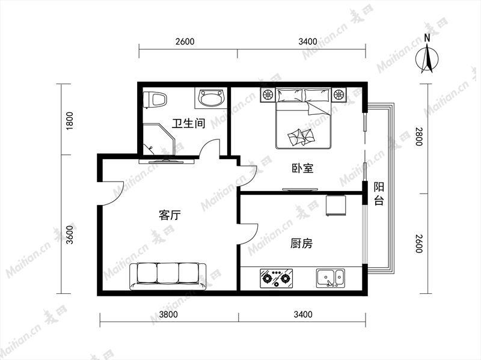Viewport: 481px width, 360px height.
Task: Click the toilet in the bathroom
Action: click(x=155, y=99)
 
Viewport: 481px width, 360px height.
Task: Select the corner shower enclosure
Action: click(x=159, y=139)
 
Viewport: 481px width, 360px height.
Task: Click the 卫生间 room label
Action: click(x=188, y=124)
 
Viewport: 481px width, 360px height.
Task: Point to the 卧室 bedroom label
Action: click(x=302, y=168)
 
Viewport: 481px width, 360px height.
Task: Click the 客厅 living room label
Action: click(x=170, y=215)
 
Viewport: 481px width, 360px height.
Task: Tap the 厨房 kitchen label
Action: click(x=302, y=243)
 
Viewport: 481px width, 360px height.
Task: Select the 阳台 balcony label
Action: click(x=379, y=194)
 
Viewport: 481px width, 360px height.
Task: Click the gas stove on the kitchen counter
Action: click(x=276, y=278)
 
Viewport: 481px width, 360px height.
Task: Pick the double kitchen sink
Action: click(x=330, y=278)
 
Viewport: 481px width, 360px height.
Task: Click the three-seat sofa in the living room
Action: click(x=168, y=276)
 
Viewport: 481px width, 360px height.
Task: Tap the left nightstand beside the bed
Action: click(x=268, y=94)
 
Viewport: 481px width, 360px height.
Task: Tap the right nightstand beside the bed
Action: click(x=339, y=94)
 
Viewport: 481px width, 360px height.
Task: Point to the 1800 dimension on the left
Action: click(x=70, y=121)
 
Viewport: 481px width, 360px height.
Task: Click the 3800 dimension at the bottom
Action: click(x=169, y=314)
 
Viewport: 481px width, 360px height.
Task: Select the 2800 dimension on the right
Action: click(x=419, y=137)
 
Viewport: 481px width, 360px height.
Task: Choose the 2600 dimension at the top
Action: click(x=185, y=41)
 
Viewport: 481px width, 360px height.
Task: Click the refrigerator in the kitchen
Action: click(x=336, y=205)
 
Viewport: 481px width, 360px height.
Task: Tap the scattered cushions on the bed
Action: click(x=301, y=136)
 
